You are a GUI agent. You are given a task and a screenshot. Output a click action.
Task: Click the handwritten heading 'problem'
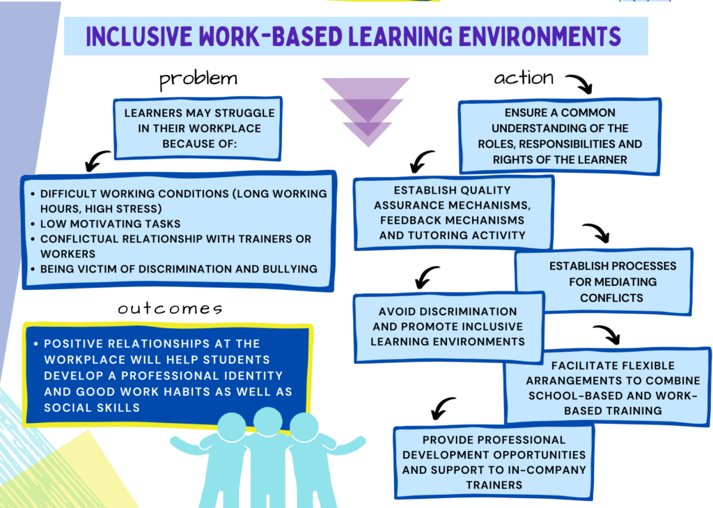point(198,79)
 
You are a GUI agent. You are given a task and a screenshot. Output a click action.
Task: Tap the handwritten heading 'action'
point(524,78)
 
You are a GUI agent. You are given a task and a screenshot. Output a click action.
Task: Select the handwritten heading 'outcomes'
point(170,308)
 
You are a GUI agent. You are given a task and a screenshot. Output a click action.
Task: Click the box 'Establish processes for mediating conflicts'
point(603,282)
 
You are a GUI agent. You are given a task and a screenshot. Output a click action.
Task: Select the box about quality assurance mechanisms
point(453,213)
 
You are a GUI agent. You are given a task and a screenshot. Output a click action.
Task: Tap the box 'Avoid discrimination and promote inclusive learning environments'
point(448,326)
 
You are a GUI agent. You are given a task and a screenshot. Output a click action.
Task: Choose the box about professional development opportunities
point(494,462)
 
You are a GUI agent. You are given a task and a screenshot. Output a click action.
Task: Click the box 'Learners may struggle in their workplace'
point(199,128)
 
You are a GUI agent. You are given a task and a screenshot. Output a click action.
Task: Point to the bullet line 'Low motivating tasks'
point(111,224)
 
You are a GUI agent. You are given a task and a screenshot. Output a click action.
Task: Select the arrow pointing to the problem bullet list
point(97,160)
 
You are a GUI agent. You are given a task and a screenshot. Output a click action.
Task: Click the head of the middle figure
point(267,421)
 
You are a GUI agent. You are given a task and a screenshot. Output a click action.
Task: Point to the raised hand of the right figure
point(359,442)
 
